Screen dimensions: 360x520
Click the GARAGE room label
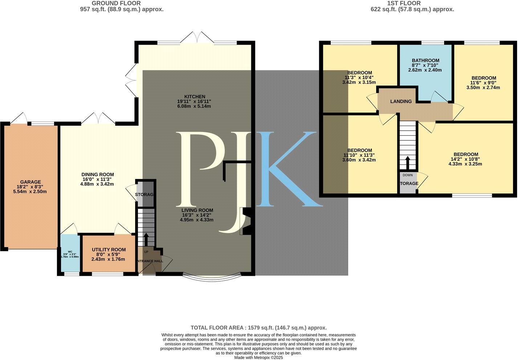tap(31, 182)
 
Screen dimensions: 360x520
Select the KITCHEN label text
tap(196, 97)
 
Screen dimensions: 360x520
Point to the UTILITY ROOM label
tap(109, 250)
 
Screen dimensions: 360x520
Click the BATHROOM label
tap(426, 61)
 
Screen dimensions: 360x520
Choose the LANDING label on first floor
tap(401, 101)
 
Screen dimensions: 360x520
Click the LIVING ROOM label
tap(197, 210)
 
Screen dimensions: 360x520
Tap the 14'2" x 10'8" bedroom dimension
tap(465, 159)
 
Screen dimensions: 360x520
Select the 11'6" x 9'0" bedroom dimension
tap(484, 83)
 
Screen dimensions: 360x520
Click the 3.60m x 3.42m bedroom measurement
tap(359, 160)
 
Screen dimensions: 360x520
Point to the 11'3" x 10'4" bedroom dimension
tap(359, 77)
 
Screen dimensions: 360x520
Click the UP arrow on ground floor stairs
tap(146, 240)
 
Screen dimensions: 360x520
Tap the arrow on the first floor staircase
tap(407, 163)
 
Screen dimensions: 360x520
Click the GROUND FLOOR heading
tap(116, 3)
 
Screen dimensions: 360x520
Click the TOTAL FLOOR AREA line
tap(259, 327)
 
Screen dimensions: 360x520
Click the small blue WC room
tap(70, 254)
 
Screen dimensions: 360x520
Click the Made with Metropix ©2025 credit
tap(259, 357)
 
